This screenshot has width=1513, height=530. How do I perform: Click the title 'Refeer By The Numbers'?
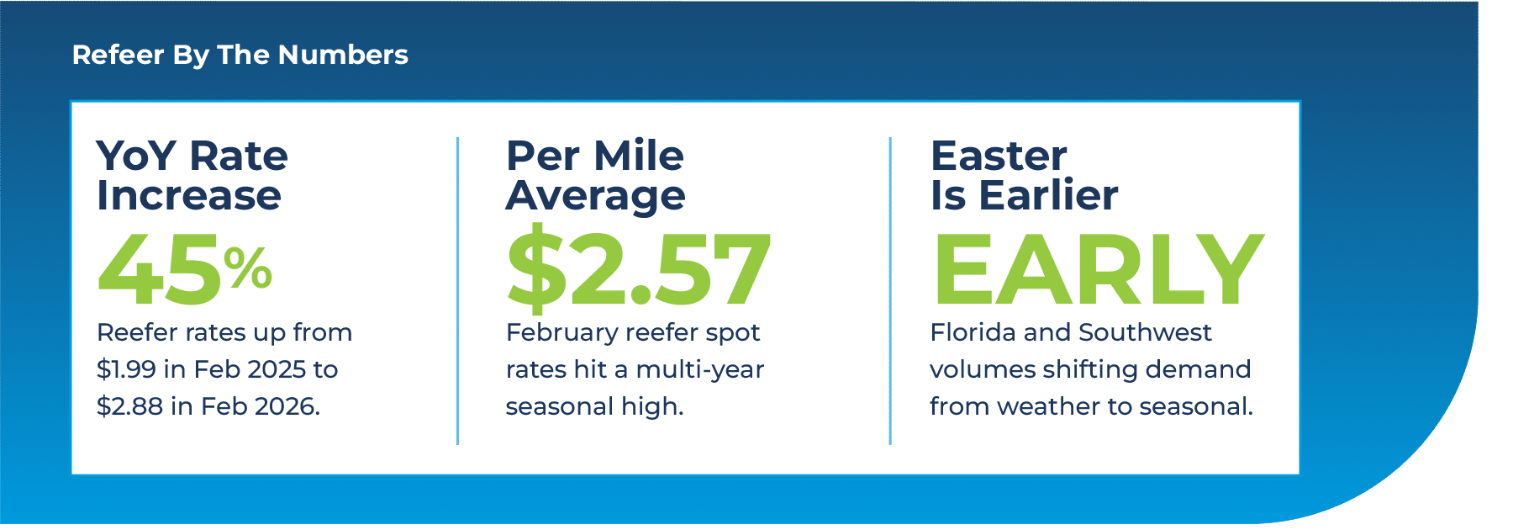[240, 56]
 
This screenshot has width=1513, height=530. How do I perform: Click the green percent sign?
[248, 267]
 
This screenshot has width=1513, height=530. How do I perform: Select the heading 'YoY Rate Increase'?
[192, 175]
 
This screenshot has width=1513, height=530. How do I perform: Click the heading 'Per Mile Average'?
[595, 175]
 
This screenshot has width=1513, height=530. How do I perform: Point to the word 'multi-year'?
[700, 369]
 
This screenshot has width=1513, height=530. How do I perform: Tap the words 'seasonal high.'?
[594, 406]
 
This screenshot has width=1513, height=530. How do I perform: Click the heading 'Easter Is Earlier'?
[1024, 175]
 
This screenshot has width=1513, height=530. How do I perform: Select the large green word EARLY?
[1099, 269]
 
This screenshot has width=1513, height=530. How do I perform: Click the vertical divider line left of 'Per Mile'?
[457, 290]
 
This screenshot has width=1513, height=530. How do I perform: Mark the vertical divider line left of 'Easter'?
[890, 290]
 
